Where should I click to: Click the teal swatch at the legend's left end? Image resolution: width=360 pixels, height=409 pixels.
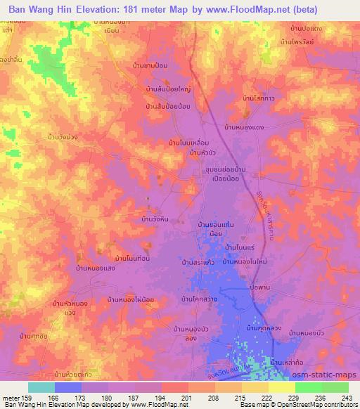(x=41, y=387)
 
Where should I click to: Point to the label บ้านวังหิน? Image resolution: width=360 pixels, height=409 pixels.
(x=155, y=220)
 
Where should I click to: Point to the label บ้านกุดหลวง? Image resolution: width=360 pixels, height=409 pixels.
(x=265, y=328)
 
